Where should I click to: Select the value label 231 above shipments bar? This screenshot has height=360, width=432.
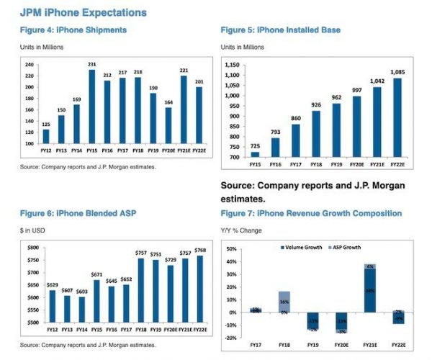pos(92,66)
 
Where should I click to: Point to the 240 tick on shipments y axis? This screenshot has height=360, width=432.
pos(30,65)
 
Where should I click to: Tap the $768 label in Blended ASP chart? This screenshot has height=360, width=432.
pos(200,249)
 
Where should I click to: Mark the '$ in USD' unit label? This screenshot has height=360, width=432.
pos(32,230)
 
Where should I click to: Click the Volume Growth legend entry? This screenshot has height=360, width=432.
pos(303,247)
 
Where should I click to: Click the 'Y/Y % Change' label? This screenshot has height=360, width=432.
pos(241,230)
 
